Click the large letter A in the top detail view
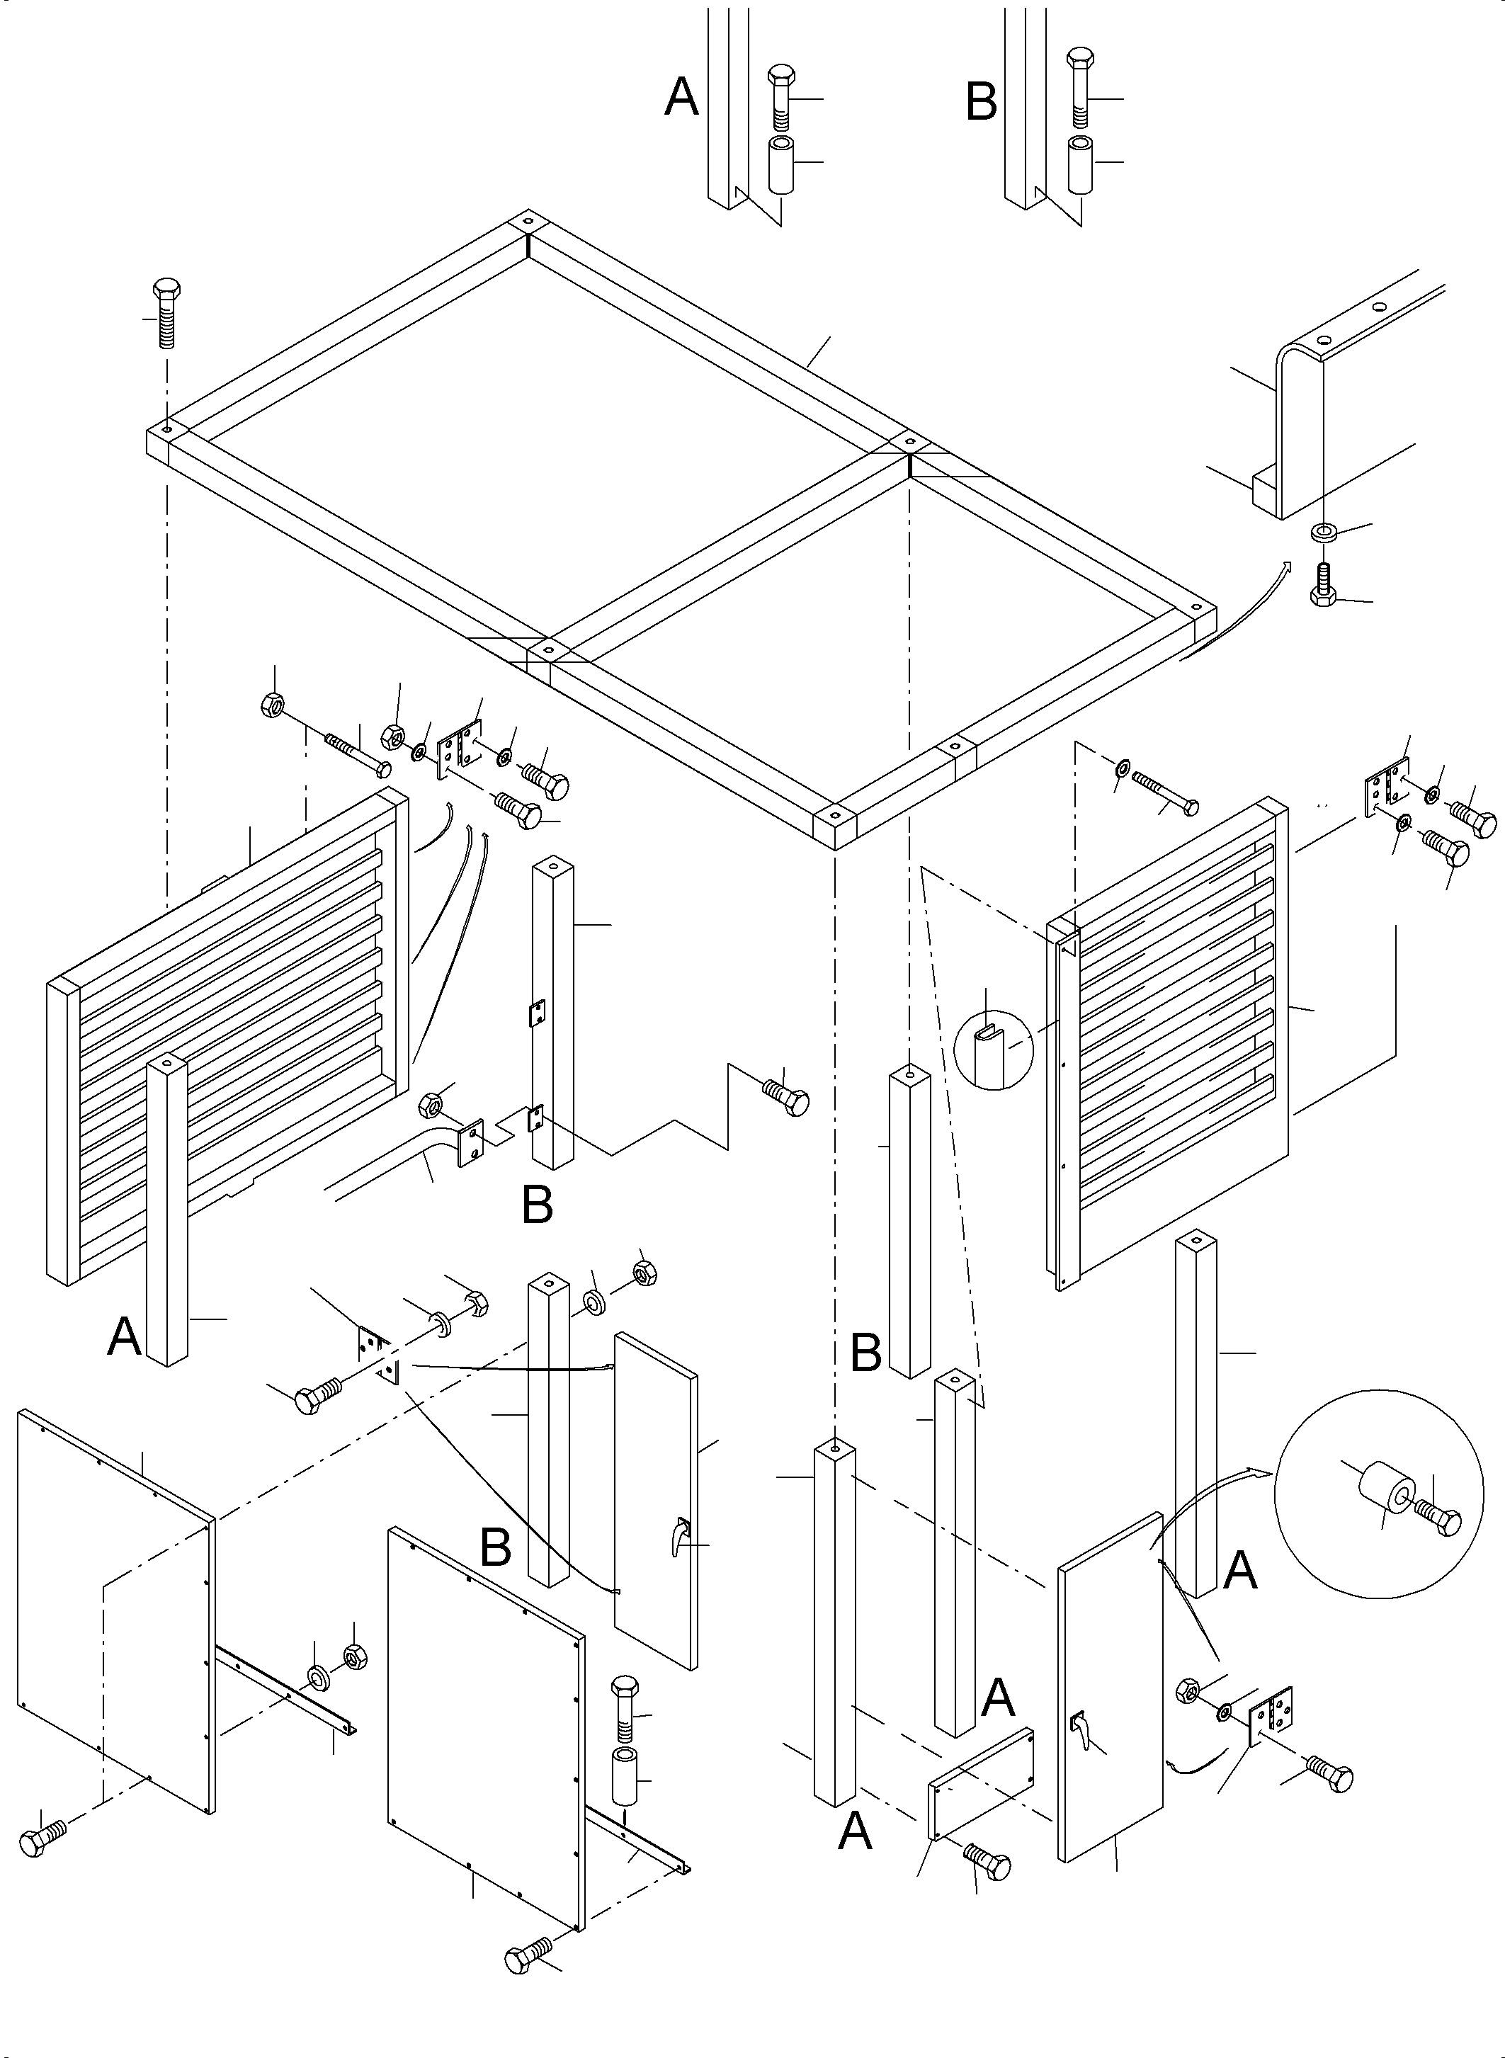pyautogui.click(x=681, y=98)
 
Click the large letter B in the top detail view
pyautogui.click(x=981, y=102)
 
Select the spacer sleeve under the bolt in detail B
pyautogui.click(x=1081, y=165)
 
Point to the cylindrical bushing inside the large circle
pyautogui.click(x=1384, y=1489)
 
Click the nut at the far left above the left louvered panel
pyautogui.click(x=274, y=703)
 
